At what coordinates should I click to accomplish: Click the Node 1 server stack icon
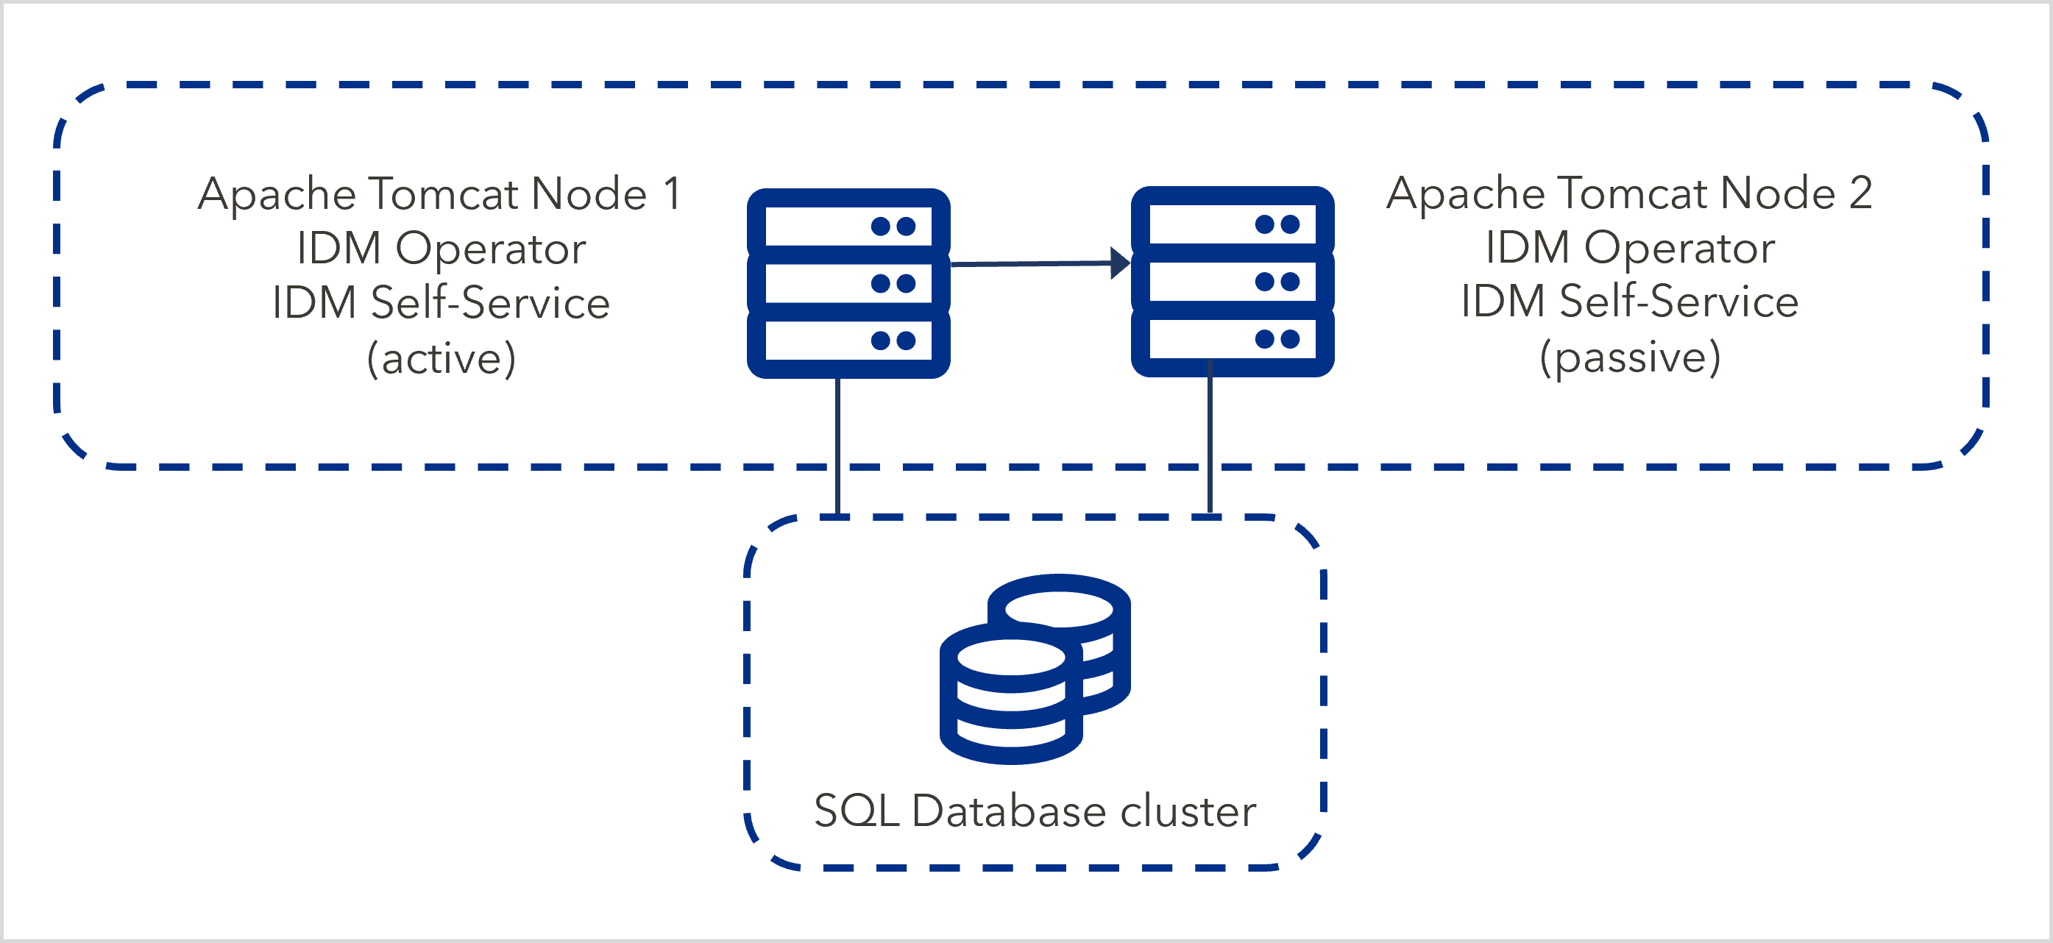848,283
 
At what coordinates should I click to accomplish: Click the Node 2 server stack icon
1232,281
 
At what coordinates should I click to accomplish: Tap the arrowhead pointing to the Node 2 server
1121,263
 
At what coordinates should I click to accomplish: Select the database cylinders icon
1035,669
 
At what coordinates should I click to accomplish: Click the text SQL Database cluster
1035,811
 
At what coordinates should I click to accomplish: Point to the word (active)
441,358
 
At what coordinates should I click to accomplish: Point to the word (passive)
1630,357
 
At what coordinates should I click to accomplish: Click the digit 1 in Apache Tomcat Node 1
672,193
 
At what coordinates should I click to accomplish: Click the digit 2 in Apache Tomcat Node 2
1860,193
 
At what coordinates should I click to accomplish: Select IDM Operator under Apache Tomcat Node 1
441,249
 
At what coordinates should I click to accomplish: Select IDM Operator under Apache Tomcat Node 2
1630,248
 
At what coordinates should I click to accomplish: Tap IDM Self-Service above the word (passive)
1630,302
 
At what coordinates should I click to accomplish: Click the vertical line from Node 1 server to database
837,446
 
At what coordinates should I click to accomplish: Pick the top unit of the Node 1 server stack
848,227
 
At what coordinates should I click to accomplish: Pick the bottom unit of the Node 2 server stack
1232,339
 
